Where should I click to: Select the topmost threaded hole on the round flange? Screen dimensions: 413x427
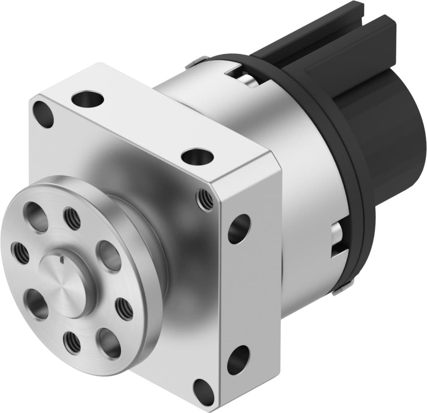(72, 218)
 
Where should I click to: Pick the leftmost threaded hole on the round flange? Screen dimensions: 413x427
(20, 253)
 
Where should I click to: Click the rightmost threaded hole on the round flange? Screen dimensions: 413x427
(124, 309)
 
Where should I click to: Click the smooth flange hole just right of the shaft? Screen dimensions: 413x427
(110, 256)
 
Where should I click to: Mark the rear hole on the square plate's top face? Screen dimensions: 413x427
(87, 98)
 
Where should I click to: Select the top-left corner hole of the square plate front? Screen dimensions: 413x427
(43, 115)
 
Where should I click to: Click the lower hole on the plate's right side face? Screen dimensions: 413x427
(238, 360)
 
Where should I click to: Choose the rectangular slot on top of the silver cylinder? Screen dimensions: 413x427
(243, 77)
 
